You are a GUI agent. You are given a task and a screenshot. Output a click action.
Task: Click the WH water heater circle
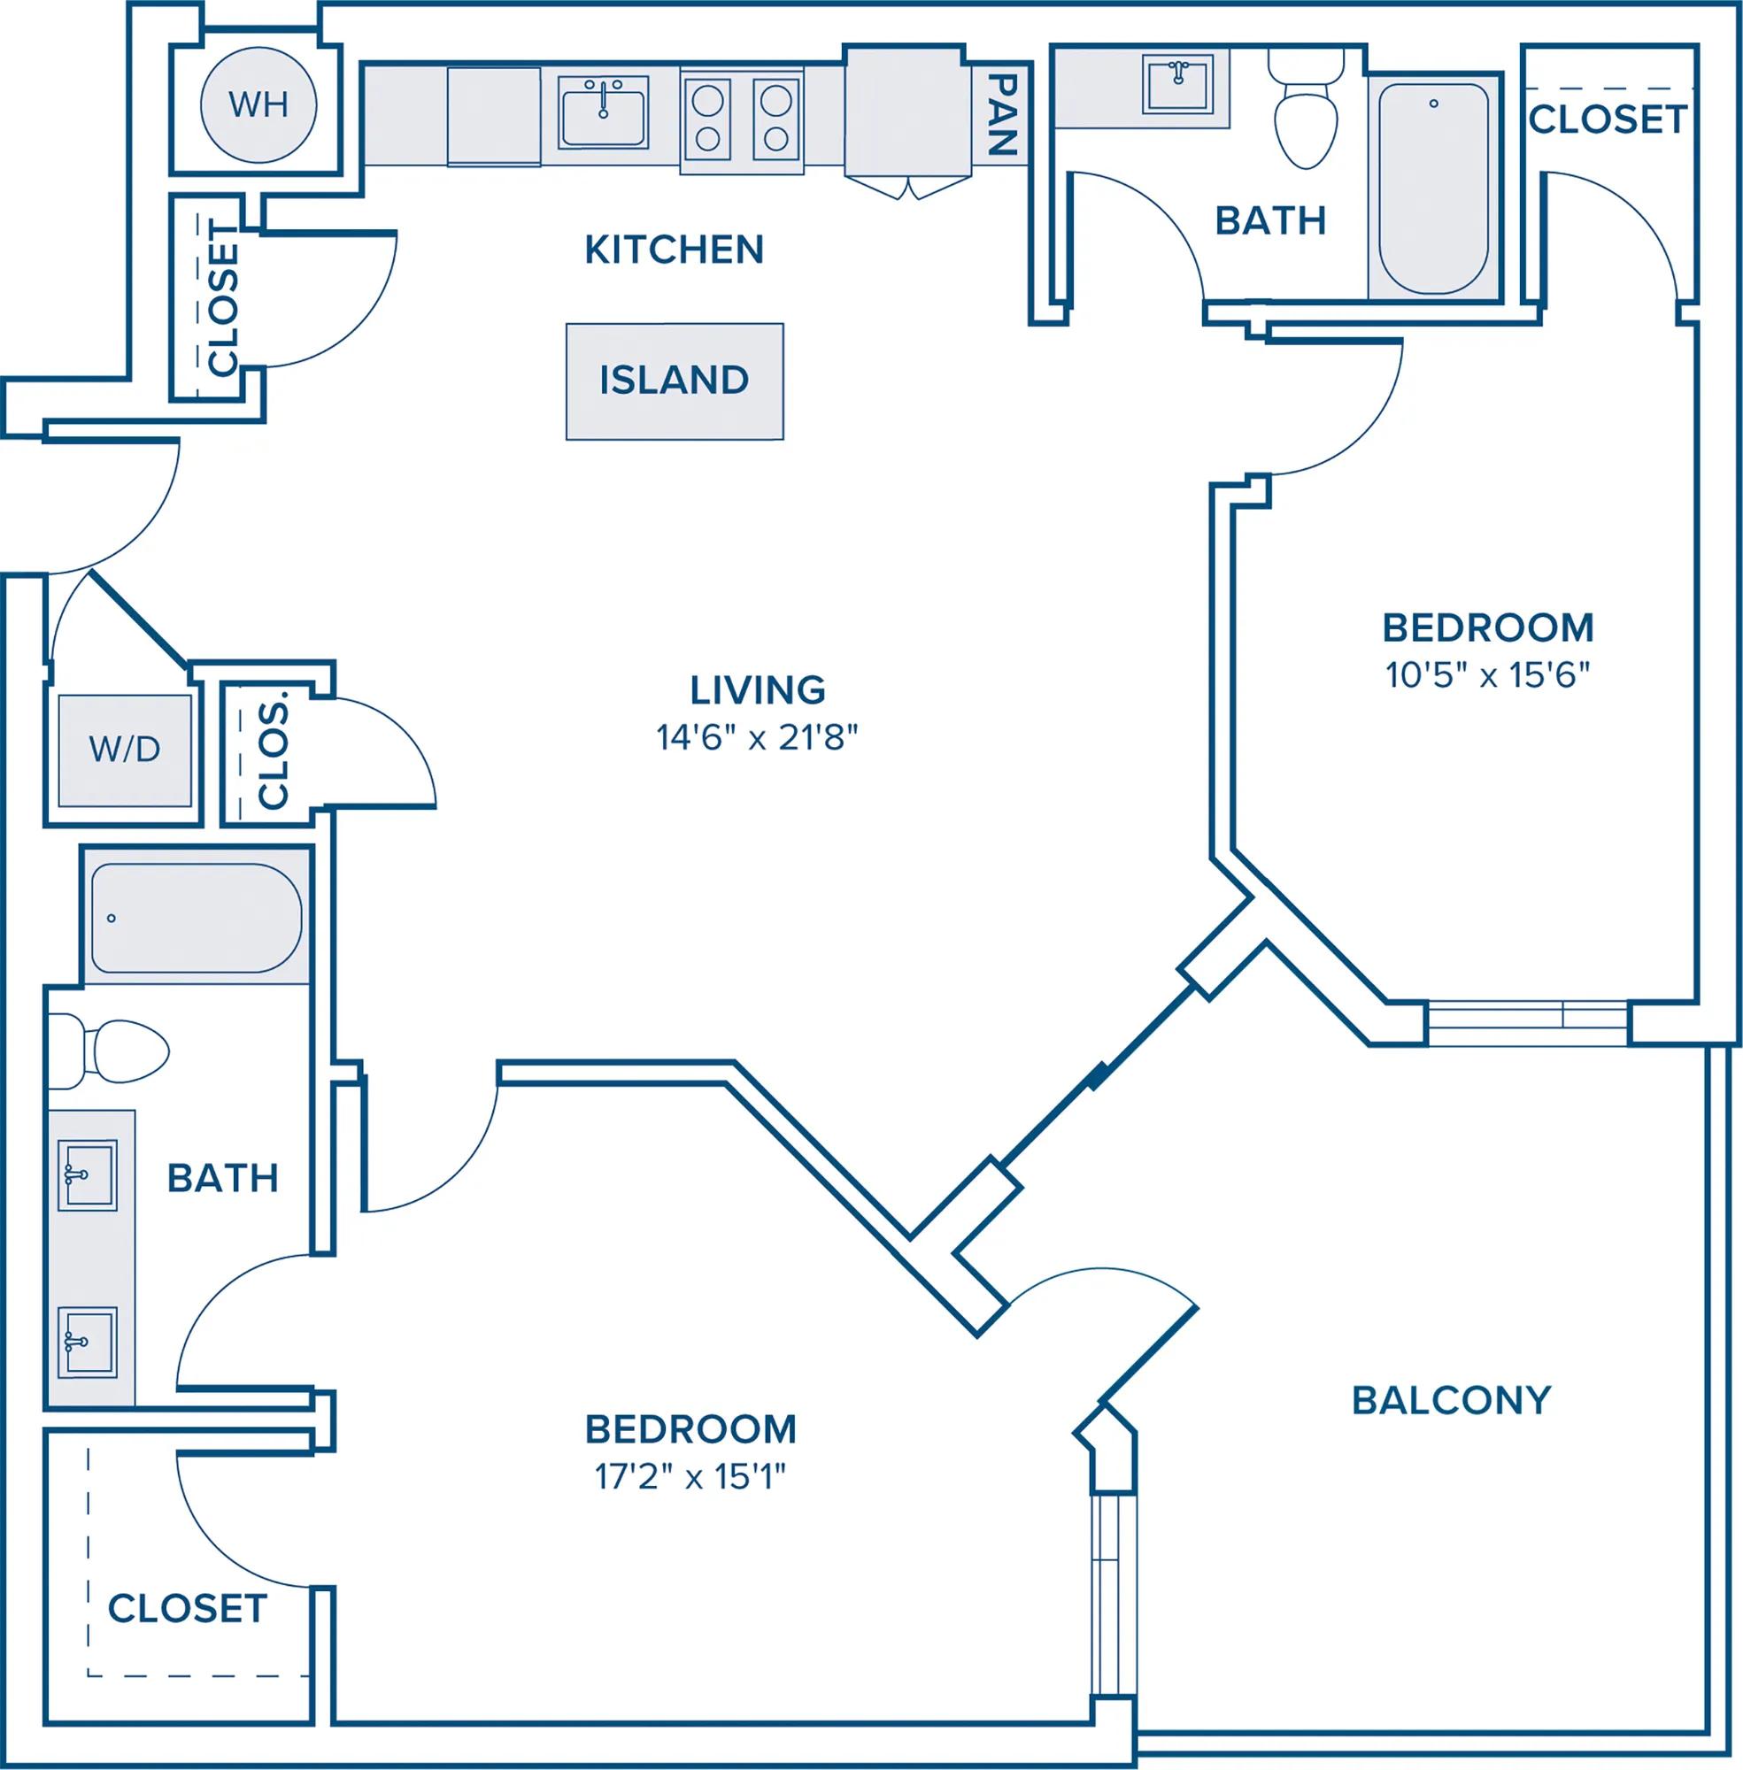click(x=258, y=104)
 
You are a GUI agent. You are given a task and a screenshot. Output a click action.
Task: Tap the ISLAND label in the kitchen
click(x=675, y=380)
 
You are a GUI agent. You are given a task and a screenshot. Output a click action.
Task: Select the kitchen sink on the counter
click(x=603, y=112)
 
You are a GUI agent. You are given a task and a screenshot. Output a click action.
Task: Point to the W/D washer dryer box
click(x=126, y=750)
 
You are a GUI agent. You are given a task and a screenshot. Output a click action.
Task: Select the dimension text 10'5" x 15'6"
click(x=1487, y=675)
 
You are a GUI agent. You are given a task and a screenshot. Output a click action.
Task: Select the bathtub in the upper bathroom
click(x=1433, y=189)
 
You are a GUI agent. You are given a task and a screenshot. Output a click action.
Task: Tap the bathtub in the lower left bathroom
click(x=197, y=918)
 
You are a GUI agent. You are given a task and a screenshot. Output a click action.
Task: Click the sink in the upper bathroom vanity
click(x=1178, y=83)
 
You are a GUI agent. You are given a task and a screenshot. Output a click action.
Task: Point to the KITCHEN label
click(x=675, y=249)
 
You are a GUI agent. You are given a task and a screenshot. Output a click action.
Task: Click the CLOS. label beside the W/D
click(x=274, y=756)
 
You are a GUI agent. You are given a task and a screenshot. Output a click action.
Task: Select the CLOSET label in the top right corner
click(x=1608, y=119)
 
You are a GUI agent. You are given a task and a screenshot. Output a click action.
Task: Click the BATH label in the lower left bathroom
click(x=222, y=1179)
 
